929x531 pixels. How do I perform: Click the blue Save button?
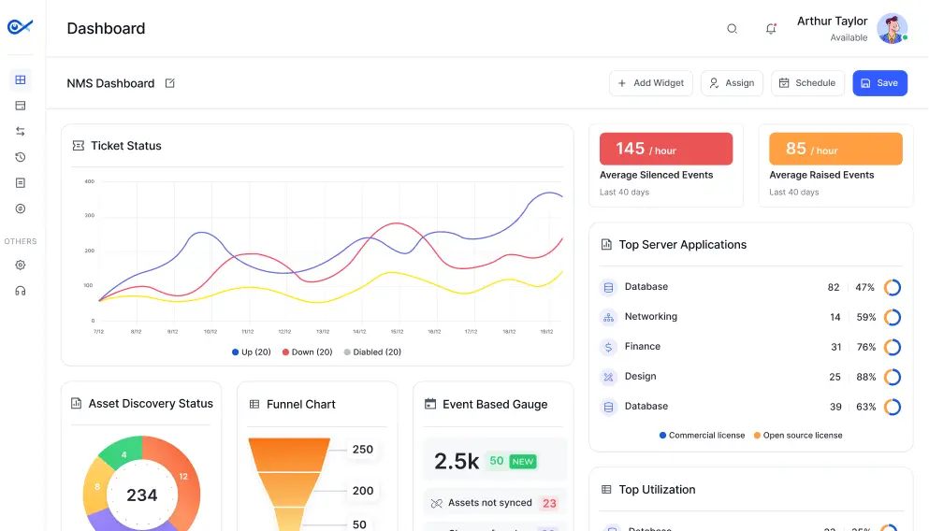879,83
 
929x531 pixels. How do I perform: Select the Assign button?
732,83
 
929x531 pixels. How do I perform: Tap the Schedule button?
807,83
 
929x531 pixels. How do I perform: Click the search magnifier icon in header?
733,29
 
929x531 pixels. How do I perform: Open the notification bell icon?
771,29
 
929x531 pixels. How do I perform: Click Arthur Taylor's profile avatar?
892,29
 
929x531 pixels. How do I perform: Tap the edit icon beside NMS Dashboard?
170,83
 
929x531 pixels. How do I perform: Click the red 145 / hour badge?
665,150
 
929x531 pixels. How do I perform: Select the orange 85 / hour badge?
835,150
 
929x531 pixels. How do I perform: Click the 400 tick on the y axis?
90,181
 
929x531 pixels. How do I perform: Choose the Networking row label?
650,317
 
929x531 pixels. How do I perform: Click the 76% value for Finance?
865,347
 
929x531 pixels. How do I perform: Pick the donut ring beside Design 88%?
893,377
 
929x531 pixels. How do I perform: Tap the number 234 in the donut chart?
142,495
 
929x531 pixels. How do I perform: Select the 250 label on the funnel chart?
362,450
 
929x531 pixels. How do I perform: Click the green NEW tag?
523,462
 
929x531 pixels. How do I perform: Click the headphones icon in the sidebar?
21,291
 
